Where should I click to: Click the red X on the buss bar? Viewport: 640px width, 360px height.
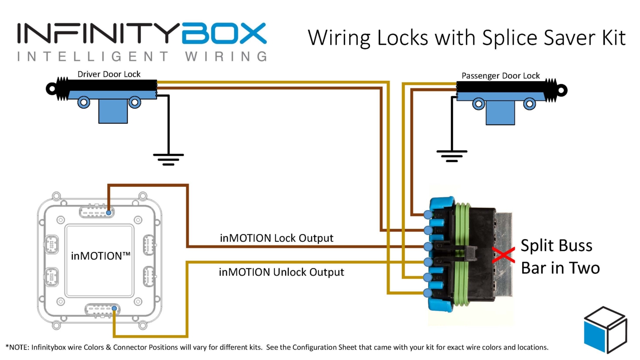(x=503, y=255)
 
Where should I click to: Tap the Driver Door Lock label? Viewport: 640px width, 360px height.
(x=109, y=74)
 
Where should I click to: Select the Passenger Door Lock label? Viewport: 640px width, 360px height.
(x=500, y=76)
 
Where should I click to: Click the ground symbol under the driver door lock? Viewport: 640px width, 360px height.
(x=168, y=159)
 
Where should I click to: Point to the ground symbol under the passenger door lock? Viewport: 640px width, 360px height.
(x=452, y=155)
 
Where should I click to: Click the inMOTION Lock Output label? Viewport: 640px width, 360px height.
(x=276, y=238)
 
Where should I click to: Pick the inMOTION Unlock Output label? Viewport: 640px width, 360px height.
(x=281, y=272)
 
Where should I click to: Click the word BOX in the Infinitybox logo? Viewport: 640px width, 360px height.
(x=224, y=34)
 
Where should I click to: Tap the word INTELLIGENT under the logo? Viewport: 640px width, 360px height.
(x=93, y=57)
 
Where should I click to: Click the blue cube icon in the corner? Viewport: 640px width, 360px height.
(x=605, y=330)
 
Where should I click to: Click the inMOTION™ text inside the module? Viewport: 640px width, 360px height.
(x=100, y=256)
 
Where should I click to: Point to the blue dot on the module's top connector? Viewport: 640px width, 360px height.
(x=108, y=213)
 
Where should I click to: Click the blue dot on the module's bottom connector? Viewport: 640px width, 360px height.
(x=114, y=309)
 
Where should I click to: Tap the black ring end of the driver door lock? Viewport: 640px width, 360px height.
(x=51, y=89)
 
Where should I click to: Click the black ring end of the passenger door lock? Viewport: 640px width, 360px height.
(x=562, y=90)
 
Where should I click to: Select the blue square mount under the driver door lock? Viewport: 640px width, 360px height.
(x=113, y=112)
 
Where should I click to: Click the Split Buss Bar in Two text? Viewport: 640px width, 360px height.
(x=560, y=257)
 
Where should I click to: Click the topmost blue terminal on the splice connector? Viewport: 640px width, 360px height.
(x=428, y=215)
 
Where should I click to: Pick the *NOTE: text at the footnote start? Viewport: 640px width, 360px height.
(x=17, y=347)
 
